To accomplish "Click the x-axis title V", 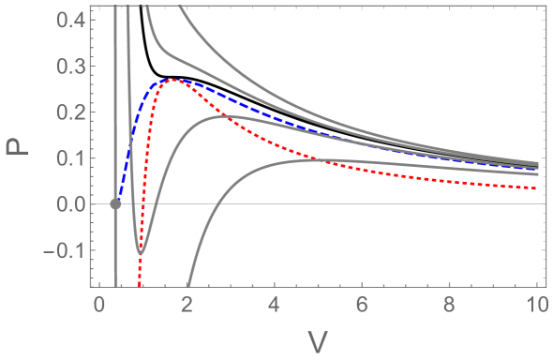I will pyautogui.click(x=319, y=341).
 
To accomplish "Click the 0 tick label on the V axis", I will pyautogui.click(x=98, y=306).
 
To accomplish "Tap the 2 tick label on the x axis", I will pyautogui.click(x=187, y=306).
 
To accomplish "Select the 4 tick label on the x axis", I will pyautogui.click(x=275, y=306).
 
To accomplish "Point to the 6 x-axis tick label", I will pyautogui.click(x=363, y=306).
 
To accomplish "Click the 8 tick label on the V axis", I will pyautogui.click(x=451, y=306).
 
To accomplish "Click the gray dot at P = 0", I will pyautogui.click(x=115, y=203).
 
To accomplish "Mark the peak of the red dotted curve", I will pyautogui.click(x=171, y=81).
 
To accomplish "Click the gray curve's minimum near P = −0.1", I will pyautogui.click(x=140, y=252).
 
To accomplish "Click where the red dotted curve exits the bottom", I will pyautogui.click(x=140, y=284).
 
